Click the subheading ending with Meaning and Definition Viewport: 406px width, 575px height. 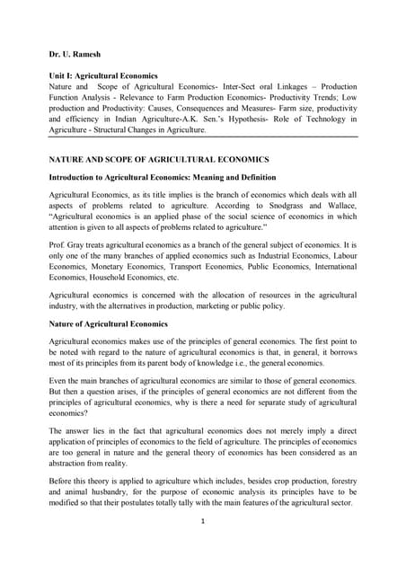click(x=162, y=177)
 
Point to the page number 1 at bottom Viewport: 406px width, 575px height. click(x=203, y=545)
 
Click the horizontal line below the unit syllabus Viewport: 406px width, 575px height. click(x=203, y=137)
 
